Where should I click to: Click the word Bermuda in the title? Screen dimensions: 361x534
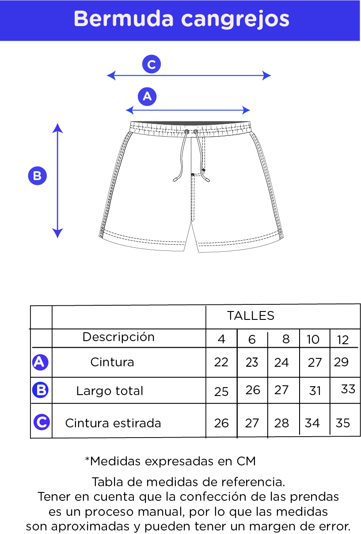point(124,19)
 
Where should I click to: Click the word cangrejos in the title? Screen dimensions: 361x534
point(235,20)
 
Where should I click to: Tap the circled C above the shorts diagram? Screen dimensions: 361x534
point(152,64)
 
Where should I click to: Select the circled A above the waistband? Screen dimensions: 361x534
point(147,96)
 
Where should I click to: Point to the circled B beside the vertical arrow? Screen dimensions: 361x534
point(38,176)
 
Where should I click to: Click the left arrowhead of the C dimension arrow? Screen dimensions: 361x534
point(111,76)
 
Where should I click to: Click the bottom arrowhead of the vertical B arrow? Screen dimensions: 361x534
point(57,233)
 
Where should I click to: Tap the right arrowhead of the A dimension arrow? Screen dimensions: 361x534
point(246,110)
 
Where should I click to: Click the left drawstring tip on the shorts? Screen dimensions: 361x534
point(175,180)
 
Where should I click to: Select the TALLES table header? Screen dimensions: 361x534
point(251,315)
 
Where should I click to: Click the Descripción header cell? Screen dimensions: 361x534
point(118,337)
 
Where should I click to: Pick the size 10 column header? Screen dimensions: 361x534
point(313,339)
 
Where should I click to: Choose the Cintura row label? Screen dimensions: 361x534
point(112,362)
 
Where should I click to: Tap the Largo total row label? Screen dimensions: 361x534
point(110,391)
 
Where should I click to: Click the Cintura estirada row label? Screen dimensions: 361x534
point(113,423)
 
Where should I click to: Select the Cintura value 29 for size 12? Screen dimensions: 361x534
point(341,362)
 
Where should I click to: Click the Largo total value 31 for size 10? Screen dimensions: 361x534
point(315,391)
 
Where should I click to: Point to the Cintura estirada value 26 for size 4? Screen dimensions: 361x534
point(221,423)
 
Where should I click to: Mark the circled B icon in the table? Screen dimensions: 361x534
point(41,390)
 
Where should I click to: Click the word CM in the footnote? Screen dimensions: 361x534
point(246,461)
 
